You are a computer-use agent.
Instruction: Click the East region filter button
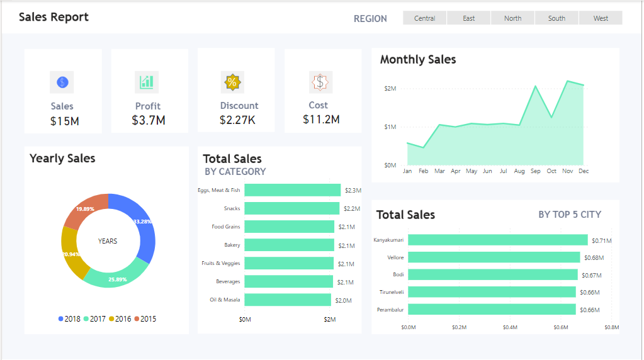point(468,18)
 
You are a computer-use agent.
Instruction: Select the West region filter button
point(601,18)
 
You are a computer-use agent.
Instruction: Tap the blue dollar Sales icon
point(62,82)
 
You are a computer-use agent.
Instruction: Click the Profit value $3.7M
point(149,120)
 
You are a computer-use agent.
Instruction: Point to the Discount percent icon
point(232,82)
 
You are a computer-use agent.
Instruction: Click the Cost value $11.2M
point(321,119)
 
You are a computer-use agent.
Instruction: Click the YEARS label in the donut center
point(108,241)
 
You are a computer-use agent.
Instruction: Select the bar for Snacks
point(291,208)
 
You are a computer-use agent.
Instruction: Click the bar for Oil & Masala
point(288,300)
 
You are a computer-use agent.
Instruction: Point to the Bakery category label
point(232,245)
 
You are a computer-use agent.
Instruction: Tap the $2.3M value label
point(353,190)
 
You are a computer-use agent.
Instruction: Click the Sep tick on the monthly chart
point(535,171)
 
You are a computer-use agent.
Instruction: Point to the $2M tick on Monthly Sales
point(390,89)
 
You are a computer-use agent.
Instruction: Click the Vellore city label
point(395,257)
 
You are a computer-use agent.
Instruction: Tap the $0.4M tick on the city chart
point(510,327)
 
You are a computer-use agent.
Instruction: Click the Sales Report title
point(54,17)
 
